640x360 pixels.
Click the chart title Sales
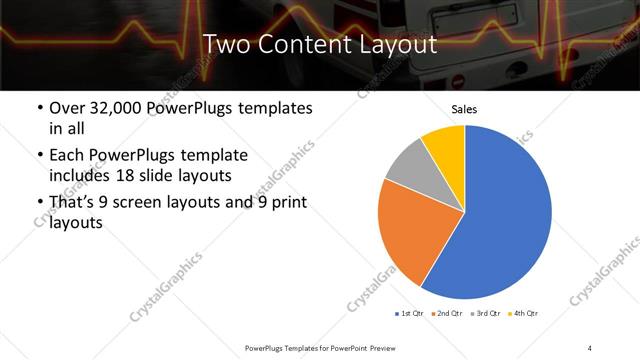(465, 109)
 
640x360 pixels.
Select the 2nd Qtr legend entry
(446, 314)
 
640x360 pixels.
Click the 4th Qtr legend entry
(523, 314)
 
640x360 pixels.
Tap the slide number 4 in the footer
(590, 347)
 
